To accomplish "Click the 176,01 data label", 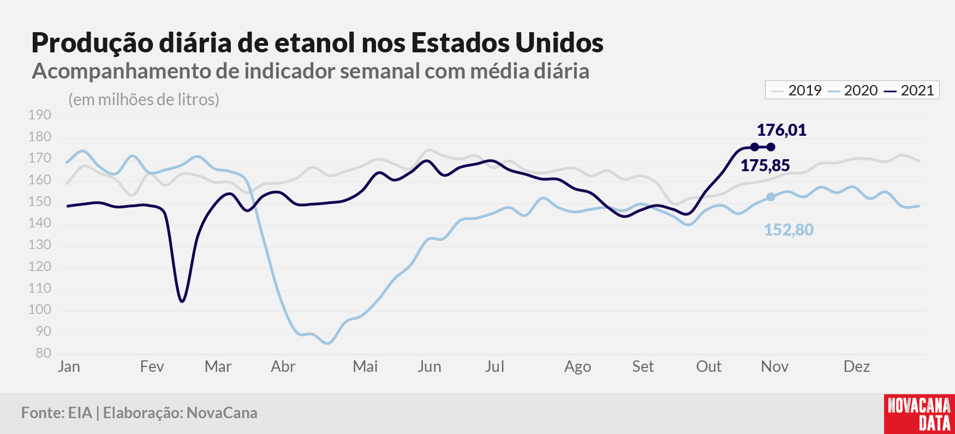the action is coord(781,130).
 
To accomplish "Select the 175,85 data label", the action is coord(765,165).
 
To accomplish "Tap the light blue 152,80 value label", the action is coord(789,230).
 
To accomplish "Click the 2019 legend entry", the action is coord(797,91).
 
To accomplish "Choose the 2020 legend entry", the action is coord(853,91).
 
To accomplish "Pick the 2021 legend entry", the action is coord(910,91).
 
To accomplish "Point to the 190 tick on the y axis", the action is coord(40,115).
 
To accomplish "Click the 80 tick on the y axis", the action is coord(44,353).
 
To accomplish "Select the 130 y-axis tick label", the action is coord(40,245).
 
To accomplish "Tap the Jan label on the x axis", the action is coord(69,366).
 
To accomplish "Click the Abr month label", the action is coord(283,366).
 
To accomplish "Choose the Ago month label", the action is coord(578,367).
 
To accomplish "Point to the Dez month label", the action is coord(857,366).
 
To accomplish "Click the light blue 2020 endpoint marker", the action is coord(771,197).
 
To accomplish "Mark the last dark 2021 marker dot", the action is coord(771,147).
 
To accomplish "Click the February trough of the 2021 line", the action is coord(182,301).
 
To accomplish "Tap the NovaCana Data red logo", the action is coord(920,414).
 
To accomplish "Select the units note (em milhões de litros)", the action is coord(144,100).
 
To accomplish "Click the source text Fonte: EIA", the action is coord(57,413).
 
